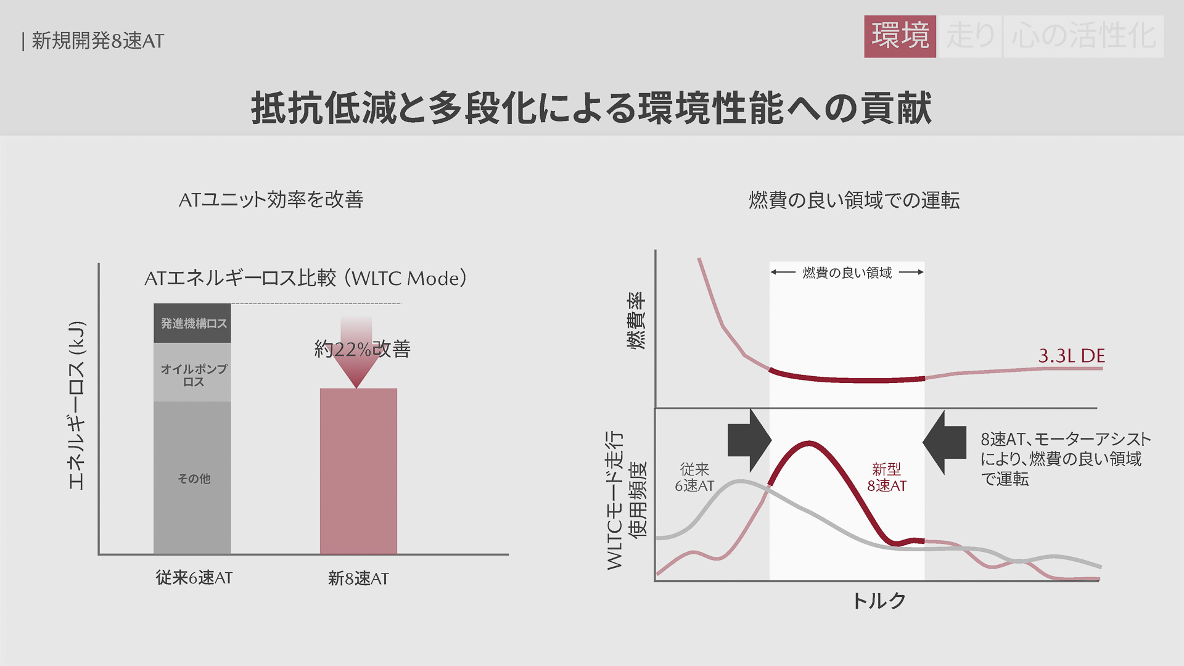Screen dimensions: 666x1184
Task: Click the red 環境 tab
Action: point(900,36)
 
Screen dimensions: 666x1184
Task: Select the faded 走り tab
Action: point(970,36)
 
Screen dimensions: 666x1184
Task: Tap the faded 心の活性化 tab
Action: point(1083,36)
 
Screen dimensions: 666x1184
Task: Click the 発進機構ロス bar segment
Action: point(192,323)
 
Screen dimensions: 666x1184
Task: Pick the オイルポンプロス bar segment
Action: point(192,374)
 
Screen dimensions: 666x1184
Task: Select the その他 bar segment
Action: point(192,479)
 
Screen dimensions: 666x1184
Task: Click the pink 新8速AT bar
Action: point(358,471)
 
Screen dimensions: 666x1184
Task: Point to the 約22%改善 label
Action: point(363,349)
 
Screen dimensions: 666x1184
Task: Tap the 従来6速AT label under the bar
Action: point(194,578)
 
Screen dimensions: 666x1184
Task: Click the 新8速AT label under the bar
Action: point(358,578)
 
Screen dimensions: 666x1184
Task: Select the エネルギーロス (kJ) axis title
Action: point(76,406)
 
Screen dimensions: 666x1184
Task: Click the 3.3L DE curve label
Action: point(1071,356)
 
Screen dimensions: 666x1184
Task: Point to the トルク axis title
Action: point(879,601)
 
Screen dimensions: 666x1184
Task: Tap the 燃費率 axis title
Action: point(636,321)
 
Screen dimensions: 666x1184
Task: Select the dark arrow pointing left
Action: point(944,442)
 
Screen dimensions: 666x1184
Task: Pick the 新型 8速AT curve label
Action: point(887,478)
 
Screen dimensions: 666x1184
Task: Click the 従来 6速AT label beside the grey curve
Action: point(694,478)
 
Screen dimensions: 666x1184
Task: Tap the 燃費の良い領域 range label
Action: point(847,273)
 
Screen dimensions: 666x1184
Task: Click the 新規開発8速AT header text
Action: point(97,41)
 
